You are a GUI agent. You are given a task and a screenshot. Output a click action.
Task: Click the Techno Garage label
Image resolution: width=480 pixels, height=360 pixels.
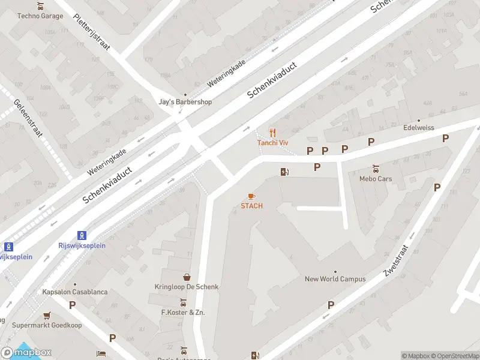click(40, 16)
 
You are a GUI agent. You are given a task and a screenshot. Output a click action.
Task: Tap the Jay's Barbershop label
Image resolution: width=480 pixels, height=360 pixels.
click(185, 102)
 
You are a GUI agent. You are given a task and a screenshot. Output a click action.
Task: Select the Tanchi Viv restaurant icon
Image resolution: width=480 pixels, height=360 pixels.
click(273, 133)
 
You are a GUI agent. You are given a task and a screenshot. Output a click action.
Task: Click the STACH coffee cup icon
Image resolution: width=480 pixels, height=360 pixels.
click(252, 196)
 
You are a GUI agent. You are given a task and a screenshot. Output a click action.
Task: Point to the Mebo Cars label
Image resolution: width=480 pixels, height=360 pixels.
click(376, 178)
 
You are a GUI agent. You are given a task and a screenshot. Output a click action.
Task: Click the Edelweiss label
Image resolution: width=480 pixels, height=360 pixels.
click(418, 128)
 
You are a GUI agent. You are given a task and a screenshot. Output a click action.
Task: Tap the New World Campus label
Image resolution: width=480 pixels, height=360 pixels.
click(335, 278)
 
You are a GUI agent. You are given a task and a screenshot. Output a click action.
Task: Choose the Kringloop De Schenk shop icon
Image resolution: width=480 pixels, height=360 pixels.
click(187, 277)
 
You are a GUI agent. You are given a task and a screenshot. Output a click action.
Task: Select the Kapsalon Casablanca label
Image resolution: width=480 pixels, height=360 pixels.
click(75, 292)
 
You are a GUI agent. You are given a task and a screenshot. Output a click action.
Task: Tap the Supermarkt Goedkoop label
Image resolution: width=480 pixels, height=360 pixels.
click(47, 325)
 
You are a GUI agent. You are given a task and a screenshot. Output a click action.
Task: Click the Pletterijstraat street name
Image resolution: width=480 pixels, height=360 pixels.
click(92, 34)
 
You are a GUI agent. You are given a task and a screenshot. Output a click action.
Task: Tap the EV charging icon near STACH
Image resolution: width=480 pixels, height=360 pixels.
click(284, 172)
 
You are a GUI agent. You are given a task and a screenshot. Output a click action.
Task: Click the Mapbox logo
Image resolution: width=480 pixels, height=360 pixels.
click(26, 353)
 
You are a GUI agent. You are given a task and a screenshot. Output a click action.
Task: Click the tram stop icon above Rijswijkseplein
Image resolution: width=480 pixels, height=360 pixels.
click(83, 235)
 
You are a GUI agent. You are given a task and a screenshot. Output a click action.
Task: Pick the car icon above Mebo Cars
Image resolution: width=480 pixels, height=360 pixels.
click(376, 169)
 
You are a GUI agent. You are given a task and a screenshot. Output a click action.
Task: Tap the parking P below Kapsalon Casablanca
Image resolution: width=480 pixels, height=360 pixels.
click(73, 305)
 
